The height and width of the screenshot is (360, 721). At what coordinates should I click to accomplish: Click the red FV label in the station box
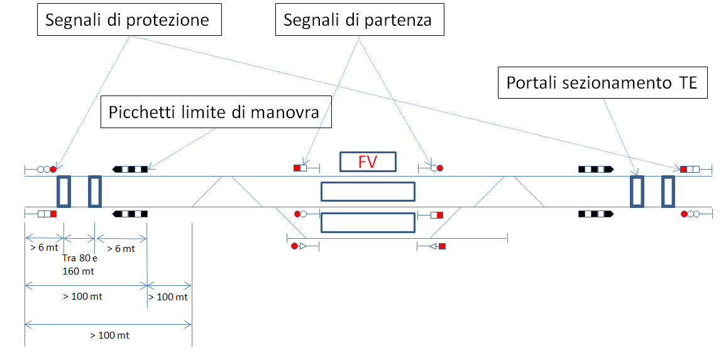[367, 162]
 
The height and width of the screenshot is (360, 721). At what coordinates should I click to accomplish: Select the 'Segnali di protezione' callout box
[129, 19]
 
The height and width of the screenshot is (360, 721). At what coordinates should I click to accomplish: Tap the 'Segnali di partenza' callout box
[360, 19]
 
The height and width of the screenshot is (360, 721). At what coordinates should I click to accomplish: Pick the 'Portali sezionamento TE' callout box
[602, 83]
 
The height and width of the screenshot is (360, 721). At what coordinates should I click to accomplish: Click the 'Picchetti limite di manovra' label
[216, 112]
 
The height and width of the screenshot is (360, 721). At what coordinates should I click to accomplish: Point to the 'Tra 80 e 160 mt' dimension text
[79, 265]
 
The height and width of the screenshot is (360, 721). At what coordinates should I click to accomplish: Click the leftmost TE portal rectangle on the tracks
[63, 192]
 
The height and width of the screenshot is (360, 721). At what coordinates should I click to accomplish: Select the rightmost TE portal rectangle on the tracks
[668, 192]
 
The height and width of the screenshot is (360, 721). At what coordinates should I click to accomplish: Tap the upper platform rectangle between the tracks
[368, 192]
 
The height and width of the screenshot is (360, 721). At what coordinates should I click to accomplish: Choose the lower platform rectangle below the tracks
[368, 222]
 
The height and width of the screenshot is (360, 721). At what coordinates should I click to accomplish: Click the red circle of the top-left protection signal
[53, 169]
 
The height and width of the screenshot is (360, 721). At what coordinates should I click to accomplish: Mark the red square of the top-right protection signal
[683, 169]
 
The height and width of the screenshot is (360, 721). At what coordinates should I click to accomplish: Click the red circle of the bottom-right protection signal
[684, 214]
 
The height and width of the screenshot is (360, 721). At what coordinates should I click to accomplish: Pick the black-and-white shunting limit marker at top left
[129, 169]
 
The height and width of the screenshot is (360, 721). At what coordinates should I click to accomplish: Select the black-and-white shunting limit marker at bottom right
[596, 214]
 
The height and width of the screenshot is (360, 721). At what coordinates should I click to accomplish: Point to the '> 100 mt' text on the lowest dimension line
[109, 335]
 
